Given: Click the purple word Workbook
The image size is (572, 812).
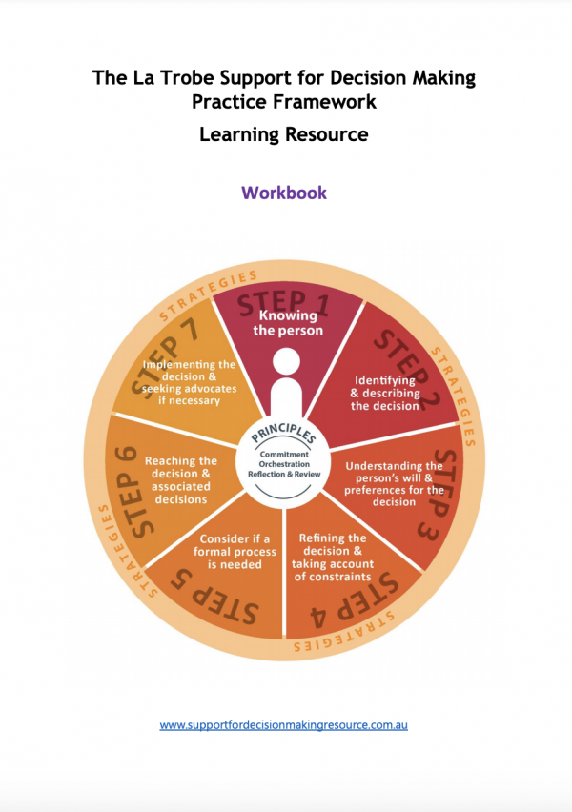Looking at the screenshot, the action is pos(284,193).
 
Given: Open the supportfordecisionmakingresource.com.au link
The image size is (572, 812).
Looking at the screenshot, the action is pos(283,725).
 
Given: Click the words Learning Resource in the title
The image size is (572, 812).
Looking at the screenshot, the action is pos(284,134).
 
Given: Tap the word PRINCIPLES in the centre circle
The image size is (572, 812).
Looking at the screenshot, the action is pos(283,434).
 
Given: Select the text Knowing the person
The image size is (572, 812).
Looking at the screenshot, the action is pos(288,323).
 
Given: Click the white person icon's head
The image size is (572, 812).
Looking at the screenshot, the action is pos(286,361).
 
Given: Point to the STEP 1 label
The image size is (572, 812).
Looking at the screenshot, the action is pos(283,303).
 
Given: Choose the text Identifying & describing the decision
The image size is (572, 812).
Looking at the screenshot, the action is pos(385,393).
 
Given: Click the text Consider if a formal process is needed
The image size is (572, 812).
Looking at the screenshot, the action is pos(235,552).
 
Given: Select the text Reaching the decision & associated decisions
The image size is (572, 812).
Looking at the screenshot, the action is pos(181,480).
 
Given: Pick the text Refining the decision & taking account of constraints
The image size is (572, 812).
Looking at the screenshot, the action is pos(333,558).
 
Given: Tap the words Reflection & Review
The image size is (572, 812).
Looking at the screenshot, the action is pos(284,474).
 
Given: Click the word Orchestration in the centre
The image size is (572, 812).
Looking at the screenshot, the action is pos(284,464).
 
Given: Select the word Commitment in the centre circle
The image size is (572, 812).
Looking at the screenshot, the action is pos(284,455).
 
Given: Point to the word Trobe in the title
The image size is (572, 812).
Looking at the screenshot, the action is pos(187,78).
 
